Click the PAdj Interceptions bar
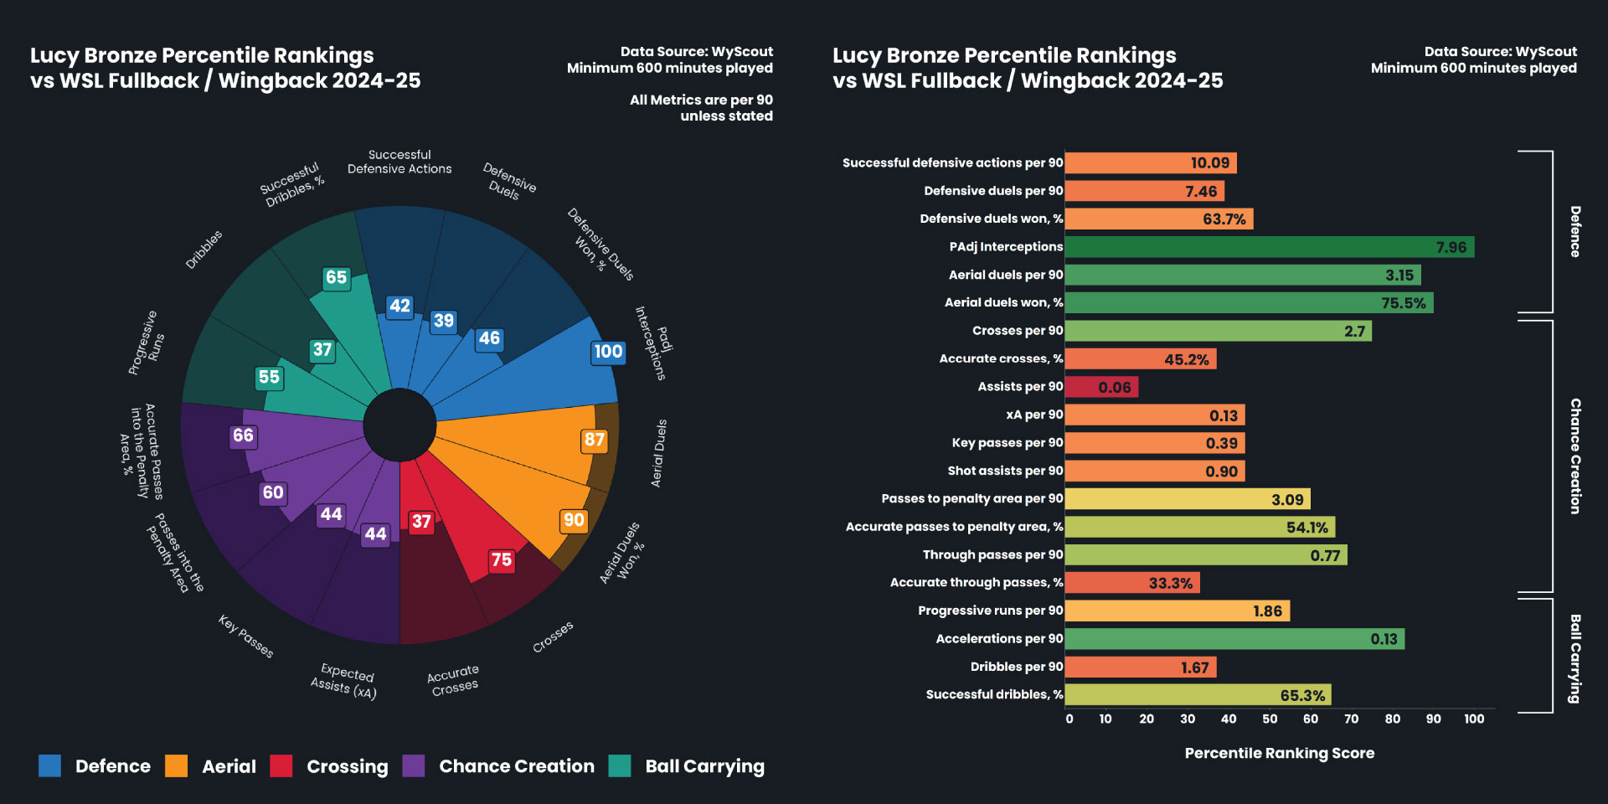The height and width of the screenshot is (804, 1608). click(x=1269, y=247)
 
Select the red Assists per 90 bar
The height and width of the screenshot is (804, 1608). click(x=1101, y=387)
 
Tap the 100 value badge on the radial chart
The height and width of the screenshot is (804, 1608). click(x=608, y=352)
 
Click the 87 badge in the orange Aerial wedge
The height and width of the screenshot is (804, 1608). click(x=595, y=440)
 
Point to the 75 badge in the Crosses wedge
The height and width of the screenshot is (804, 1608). click(x=502, y=559)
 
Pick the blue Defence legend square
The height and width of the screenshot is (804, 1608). click(x=50, y=765)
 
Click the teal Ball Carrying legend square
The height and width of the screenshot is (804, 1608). click(x=620, y=765)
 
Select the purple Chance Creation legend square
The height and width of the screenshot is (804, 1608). click(x=414, y=765)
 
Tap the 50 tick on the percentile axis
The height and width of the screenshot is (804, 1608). click(x=1270, y=719)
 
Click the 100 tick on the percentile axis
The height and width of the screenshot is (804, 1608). click(x=1474, y=719)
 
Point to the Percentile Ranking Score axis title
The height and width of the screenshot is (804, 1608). click(x=1279, y=753)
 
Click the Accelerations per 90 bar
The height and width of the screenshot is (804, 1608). click(x=1234, y=639)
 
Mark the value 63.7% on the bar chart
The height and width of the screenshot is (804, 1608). click(x=1224, y=219)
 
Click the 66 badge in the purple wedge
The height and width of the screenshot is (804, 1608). click(x=243, y=435)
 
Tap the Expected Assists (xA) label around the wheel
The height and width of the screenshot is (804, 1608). click(x=344, y=680)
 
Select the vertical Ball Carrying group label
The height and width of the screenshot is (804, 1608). click(x=1575, y=658)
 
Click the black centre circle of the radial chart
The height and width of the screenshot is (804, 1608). click(x=399, y=425)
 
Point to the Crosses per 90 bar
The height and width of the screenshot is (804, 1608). click(x=1218, y=331)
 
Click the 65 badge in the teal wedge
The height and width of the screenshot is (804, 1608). click(x=336, y=277)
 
